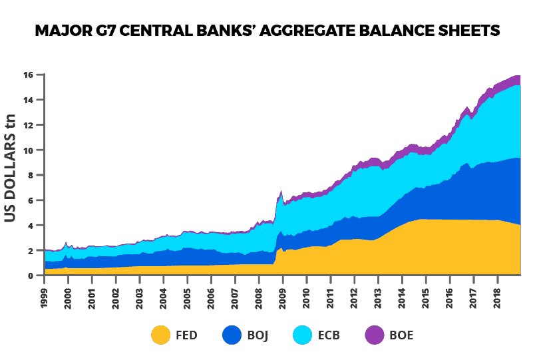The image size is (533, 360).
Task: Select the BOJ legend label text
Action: tap(258, 335)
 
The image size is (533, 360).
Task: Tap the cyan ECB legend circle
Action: tap(303, 335)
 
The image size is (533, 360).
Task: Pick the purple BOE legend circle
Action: tap(375, 335)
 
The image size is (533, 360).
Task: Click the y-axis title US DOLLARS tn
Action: tap(12, 174)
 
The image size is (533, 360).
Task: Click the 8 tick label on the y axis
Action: tap(31, 175)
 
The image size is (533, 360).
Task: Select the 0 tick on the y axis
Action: tap(31, 275)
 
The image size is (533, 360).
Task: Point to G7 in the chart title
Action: tap(104, 31)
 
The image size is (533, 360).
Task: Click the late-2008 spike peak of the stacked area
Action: tap(281, 191)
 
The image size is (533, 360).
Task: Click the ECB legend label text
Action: tap(329, 335)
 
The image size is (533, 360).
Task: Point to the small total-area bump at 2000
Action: tap(66, 243)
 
